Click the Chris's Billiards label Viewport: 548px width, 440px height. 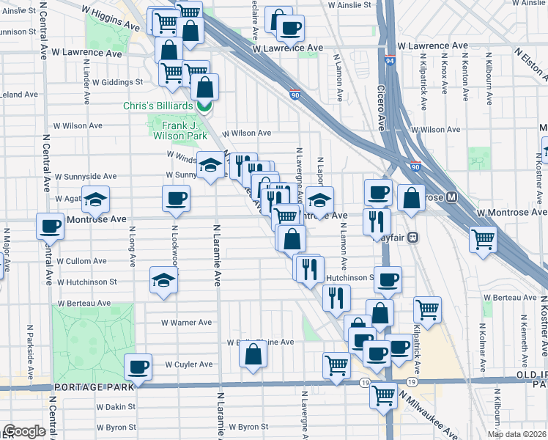[x=158, y=106]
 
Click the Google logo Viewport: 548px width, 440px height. [x=24, y=431]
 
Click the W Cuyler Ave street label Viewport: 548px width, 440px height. [x=188, y=364]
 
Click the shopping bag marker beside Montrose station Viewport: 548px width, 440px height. [x=411, y=197]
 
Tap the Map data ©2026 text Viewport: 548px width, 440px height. [x=516, y=434]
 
